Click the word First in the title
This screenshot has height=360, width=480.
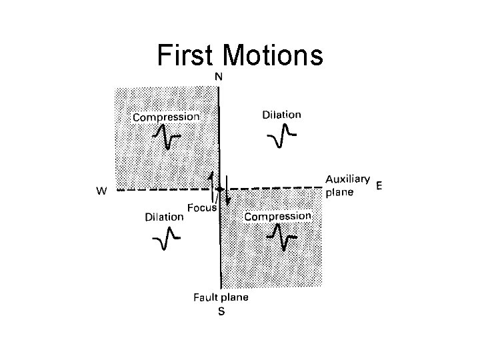tap(188, 57)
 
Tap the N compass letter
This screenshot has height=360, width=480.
tap(219, 77)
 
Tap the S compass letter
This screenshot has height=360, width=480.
tap(221, 312)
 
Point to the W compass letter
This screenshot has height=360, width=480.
tap(102, 191)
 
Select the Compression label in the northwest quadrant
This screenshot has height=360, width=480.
tap(166, 117)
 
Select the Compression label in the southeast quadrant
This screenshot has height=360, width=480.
tap(278, 216)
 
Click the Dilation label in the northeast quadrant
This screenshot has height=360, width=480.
tap(281, 114)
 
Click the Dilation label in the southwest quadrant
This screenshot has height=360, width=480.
tap(164, 216)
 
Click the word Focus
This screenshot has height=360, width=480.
tap(201, 207)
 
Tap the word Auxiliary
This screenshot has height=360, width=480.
tap(347, 179)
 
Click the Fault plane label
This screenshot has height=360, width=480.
tap(221, 297)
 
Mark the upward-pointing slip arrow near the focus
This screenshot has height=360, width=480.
tap(213, 181)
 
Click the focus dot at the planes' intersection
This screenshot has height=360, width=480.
tap(219, 189)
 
